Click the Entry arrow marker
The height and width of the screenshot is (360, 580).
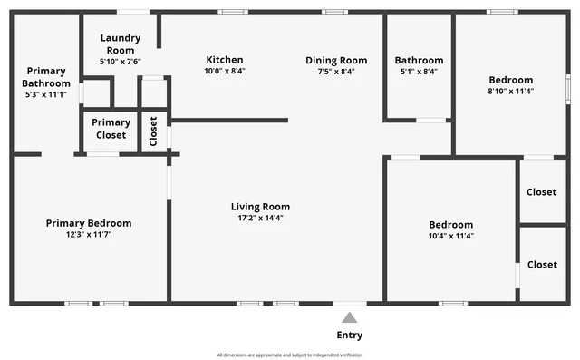pos(349,317)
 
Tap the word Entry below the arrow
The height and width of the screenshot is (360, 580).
pos(349,335)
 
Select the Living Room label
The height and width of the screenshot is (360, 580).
pos(260,207)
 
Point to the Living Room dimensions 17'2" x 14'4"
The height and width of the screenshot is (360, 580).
pos(260,218)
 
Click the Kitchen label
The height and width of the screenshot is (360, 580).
pos(224,60)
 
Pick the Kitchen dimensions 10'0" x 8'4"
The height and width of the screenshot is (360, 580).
pos(224,71)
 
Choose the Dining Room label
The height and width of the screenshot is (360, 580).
pos(336,60)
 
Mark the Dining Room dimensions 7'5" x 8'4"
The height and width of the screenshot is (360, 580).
pos(336,71)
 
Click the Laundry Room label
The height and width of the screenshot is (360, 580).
pos(120,44)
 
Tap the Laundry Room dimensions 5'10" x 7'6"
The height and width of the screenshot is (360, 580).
pos(120,63)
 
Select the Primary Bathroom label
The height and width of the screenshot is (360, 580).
pos(45,77)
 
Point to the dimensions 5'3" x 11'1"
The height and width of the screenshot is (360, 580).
pos(45,94)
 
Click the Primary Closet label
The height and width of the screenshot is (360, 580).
pos(111,129)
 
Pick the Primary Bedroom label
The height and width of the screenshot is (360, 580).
pos(89,223)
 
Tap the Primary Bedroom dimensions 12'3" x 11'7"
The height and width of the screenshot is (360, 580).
pos(89,234)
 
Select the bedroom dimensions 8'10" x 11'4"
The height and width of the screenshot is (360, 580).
pos(511,91)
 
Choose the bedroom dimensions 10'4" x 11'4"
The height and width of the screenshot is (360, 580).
pos(450,236)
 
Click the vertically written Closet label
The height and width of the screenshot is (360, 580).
pos(153,131)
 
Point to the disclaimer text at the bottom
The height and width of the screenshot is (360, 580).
pos(290,355)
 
